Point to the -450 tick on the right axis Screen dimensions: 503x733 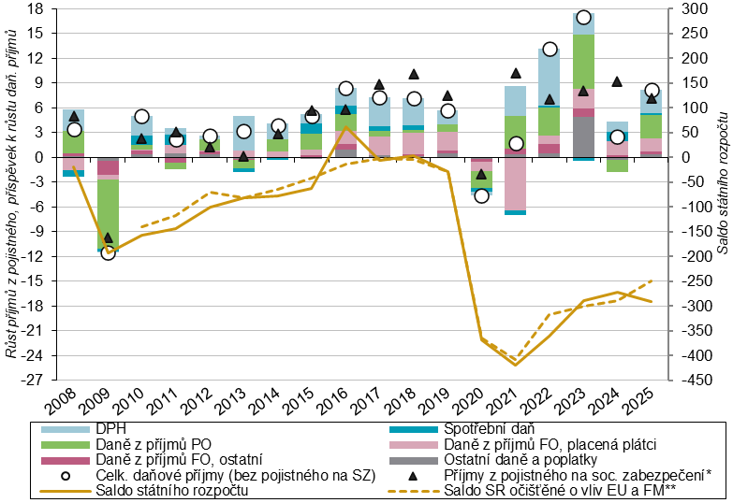coord(691,381)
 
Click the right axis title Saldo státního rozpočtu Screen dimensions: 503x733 coord(723,194)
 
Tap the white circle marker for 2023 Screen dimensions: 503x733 coord(583,17)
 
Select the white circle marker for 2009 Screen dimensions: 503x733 coord(108,252)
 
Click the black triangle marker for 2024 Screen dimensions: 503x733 coord(617,81)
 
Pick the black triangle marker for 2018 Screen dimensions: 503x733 coord(414,74)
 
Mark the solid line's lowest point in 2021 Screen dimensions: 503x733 coord(516,365)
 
